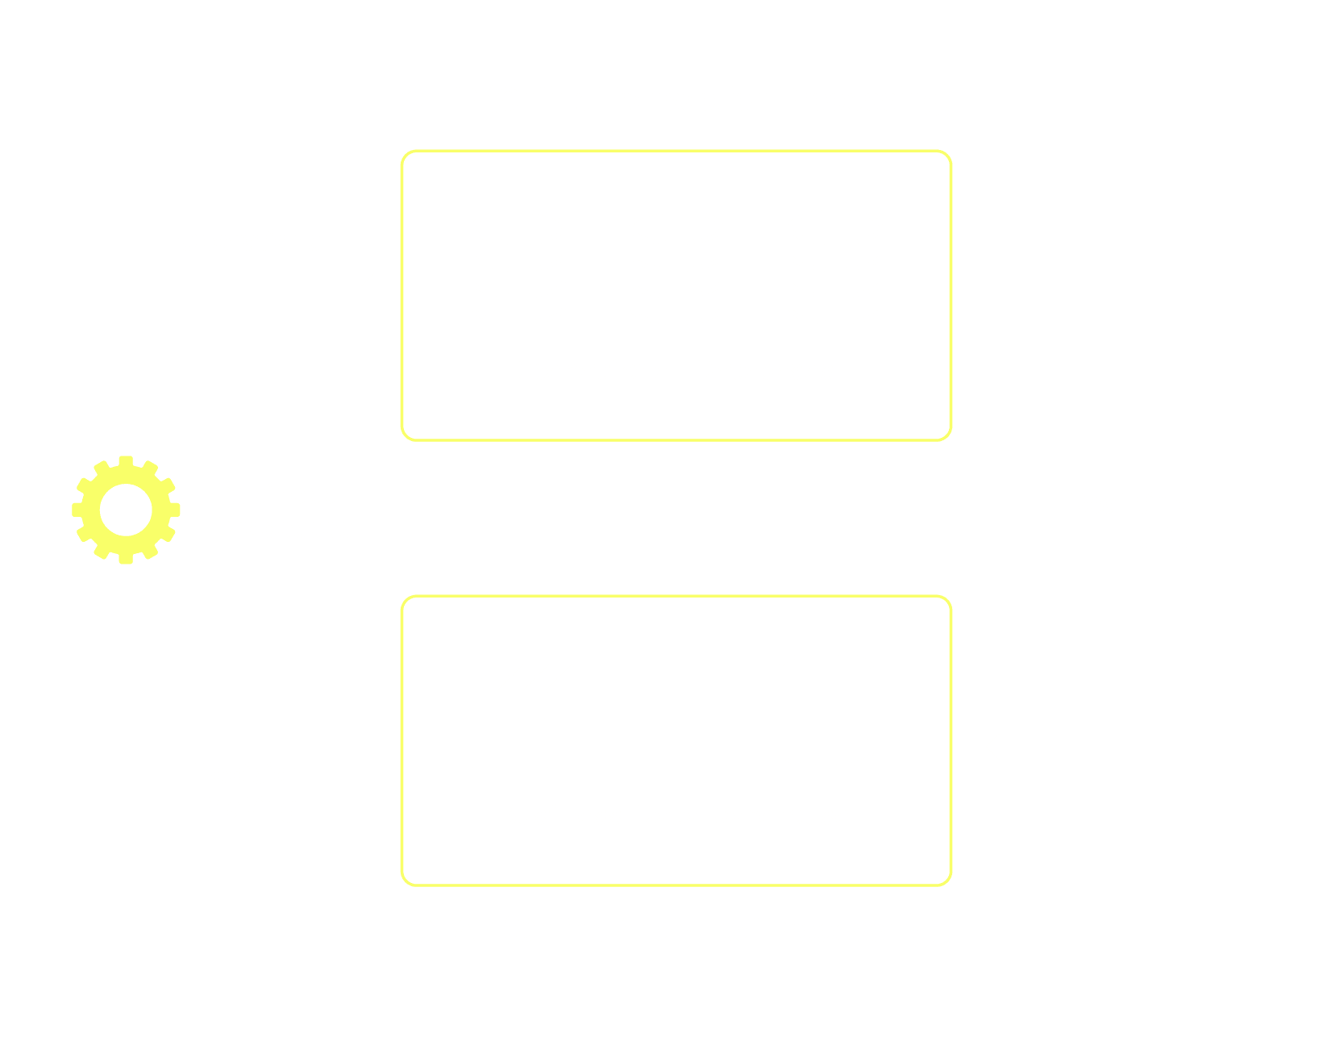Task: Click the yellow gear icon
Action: click(126, 510)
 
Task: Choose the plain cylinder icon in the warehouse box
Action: click(826, 710)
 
